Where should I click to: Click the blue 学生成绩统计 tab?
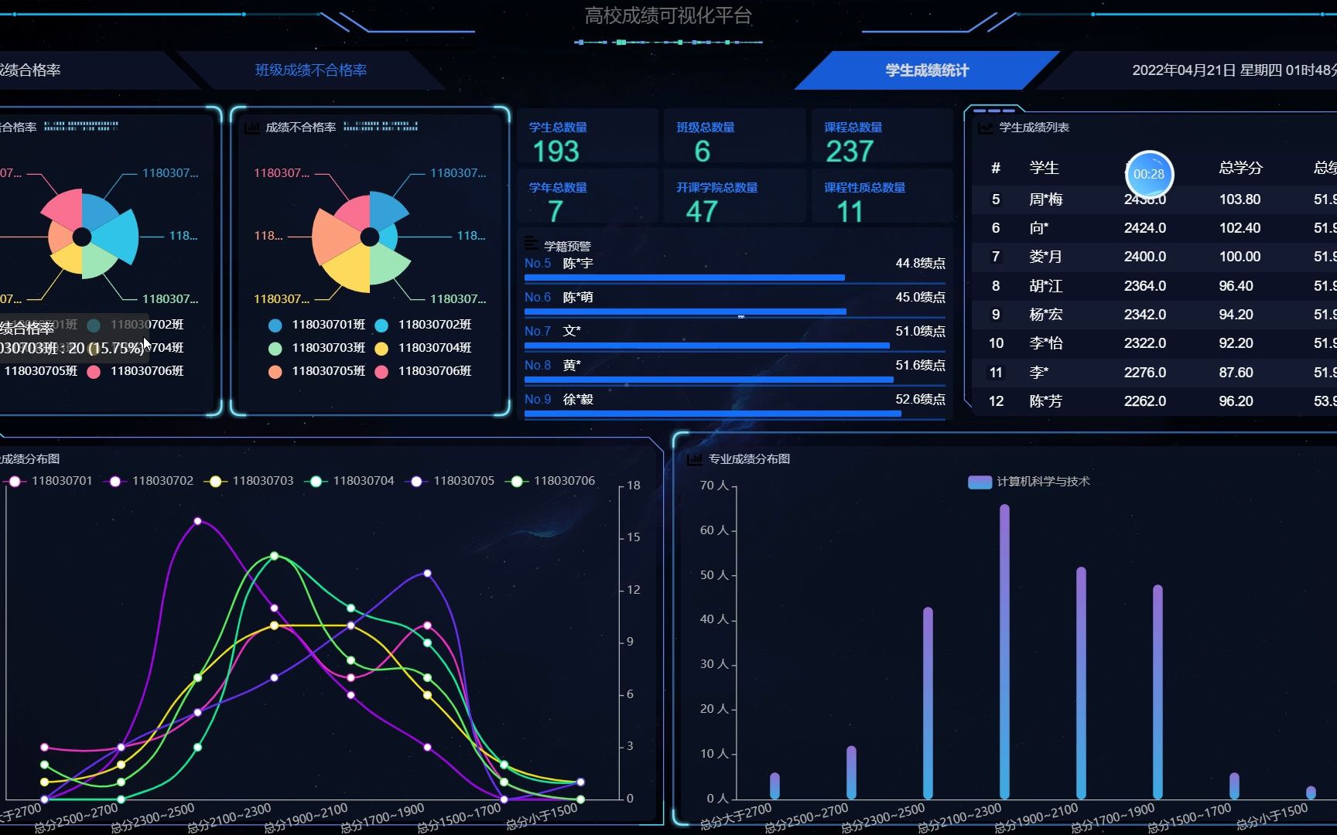tap(927, 70)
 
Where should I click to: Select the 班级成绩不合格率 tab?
tap(311, 70)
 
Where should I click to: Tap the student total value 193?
tap(556, 152)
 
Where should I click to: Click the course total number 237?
tap(850, 152)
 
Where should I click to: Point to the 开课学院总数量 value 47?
tap(702, 211)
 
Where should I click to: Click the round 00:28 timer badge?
tap(1149, 174)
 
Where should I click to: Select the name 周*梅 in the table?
tap(1045, 199)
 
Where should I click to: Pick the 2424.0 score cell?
tap(1144, 228)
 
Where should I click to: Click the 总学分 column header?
tap(1240, 168)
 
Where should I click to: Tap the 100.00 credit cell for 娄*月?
tap(1240, 257)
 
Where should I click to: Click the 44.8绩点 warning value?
tap(920, 264)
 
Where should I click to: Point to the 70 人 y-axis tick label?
tap(714, 486)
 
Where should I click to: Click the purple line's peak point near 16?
tap(198, 521)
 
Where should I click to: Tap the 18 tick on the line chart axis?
tap(634, 486)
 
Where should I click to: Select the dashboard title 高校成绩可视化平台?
tap(668, 16)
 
